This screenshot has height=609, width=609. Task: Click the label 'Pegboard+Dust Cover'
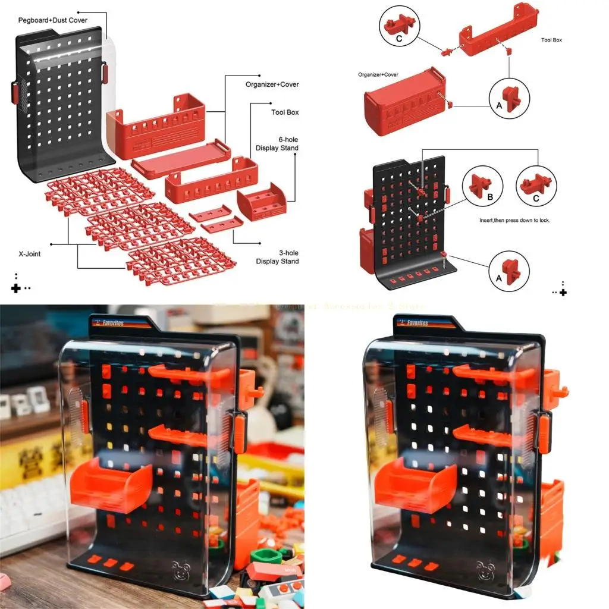pos(53,20)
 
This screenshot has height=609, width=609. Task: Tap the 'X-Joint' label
pos(30,254)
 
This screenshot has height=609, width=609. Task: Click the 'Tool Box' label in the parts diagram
pos(285,112)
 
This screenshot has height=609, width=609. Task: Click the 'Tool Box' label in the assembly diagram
pos(551,40)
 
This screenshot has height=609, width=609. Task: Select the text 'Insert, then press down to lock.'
pos(514,220)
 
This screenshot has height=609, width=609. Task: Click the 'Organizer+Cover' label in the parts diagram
pos(272,84)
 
